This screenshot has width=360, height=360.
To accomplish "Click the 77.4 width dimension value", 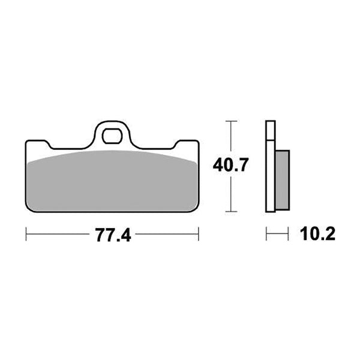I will click(112, 234).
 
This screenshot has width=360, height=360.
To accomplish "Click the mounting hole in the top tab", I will click(112, 135).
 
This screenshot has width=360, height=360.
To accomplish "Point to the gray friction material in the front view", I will click(112, 183).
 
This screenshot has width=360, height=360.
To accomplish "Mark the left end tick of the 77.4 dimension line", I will click(26, 234).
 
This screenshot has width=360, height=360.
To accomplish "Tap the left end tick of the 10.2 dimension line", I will click(266, 234).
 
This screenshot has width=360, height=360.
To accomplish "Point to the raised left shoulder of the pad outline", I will click(37, 143).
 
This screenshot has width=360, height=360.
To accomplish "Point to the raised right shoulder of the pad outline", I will click(187, 143).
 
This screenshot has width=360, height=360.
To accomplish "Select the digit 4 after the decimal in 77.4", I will click(125, 234).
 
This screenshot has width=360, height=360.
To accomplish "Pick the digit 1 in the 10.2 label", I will click(296, 233).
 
